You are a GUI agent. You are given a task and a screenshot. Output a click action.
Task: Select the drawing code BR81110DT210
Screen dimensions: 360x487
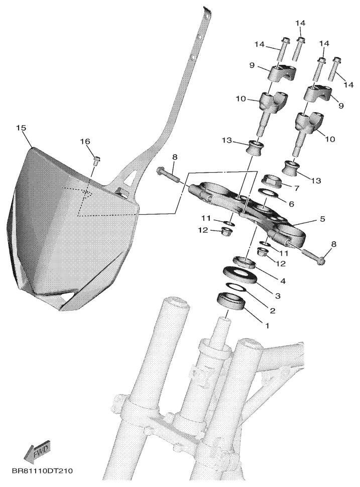pos(42,471)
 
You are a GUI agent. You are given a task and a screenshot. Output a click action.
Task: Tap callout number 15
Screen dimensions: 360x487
pos(22,128)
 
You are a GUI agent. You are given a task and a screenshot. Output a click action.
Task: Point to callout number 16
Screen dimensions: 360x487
pos(85,142)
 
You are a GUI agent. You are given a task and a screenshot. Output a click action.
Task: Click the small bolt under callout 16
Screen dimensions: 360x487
pos(95,161)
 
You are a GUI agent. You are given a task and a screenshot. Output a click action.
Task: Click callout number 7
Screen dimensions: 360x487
pos(296,188)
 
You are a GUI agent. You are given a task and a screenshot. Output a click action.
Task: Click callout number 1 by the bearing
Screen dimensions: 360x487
pos(266,326)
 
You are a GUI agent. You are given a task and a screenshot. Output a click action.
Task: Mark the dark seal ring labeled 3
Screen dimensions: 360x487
pos(239,274)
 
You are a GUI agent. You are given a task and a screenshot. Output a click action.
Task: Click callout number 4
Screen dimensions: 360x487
pos(283,281)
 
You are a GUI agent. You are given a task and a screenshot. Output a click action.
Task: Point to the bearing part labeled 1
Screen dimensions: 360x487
pos(232,301)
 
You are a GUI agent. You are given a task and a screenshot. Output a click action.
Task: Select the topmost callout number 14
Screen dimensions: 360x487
pos(300,23)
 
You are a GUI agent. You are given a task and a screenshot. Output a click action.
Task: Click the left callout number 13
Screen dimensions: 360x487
pos(227,141)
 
